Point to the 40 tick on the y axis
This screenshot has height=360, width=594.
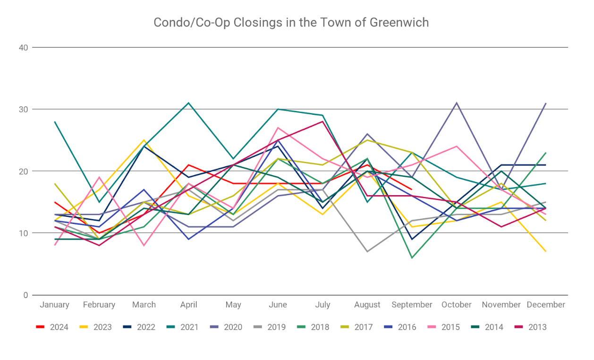click(24, 47)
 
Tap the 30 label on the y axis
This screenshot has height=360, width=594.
click(24, 109)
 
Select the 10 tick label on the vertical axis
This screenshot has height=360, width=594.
click(24, 233)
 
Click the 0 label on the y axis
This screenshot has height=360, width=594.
click(26, 295)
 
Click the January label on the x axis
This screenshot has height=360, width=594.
click(55, 305)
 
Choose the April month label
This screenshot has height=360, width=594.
click(189, 305)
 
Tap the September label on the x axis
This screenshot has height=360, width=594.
click(412, 305)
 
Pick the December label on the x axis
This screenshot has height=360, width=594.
click(545, 305)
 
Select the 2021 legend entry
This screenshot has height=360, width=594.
click(189, 327)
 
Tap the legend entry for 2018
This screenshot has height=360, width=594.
click(320, 327)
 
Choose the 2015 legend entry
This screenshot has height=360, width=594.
click(450, 327)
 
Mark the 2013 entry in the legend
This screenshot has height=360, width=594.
click(537, 327)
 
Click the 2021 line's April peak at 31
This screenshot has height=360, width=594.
click(189, 103)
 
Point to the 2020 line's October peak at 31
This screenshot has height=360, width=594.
click(457, 103)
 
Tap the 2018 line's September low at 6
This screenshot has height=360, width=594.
click(412, 257)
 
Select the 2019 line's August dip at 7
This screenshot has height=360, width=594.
click(367, 251)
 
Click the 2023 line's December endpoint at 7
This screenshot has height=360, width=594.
click(546, 251)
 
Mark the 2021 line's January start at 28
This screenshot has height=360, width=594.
click(55, 122)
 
